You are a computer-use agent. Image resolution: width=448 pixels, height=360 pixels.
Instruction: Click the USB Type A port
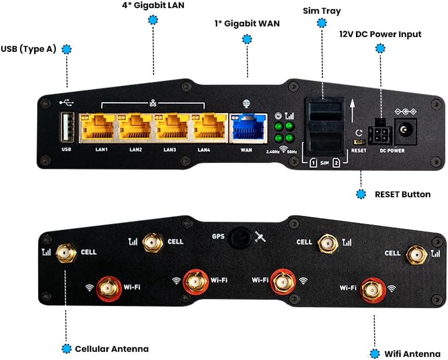click(x=67, y=127)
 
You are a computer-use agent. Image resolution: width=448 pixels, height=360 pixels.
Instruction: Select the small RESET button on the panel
click(x=359, y=142)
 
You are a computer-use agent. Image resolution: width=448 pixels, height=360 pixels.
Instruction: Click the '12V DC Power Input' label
click(x=380, y=35)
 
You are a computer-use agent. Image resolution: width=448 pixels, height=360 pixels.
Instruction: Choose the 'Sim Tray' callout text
click(x=321, y=11)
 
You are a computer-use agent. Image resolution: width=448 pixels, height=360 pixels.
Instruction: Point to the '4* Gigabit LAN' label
click(x=153, y=6)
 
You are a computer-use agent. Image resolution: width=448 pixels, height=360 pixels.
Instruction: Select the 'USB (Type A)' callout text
click(x=29, y=49)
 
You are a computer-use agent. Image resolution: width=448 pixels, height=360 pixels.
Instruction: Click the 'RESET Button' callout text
click(x=402, y=194)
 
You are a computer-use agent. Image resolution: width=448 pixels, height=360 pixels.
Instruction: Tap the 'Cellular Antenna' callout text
click(x=112, y=349)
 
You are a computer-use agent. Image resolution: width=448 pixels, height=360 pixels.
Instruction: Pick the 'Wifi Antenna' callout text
click(x=413, y=354)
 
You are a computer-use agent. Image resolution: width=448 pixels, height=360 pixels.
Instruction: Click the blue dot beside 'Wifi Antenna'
click(x=375, y=354)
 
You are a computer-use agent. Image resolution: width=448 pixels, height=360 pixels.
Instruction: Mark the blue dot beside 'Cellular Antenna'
click(x=66, y=349)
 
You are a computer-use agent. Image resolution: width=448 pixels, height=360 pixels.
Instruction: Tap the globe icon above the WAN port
click(x=247, y=104)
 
